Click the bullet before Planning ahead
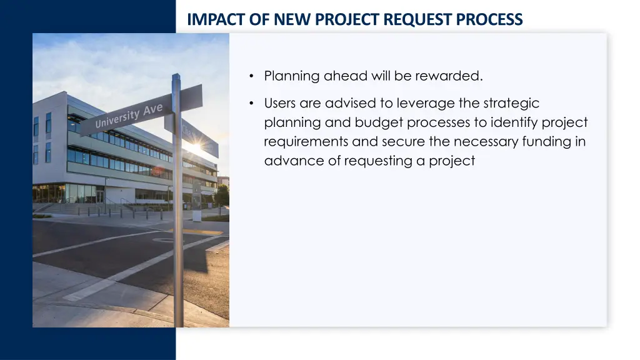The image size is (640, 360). tap(251, 77)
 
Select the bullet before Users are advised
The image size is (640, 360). tap(251, 104)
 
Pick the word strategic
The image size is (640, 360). tap(511, 103)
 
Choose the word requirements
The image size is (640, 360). tap(306, 142)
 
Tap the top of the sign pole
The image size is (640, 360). tap(176, 76)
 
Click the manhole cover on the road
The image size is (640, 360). tap(164, 239)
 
